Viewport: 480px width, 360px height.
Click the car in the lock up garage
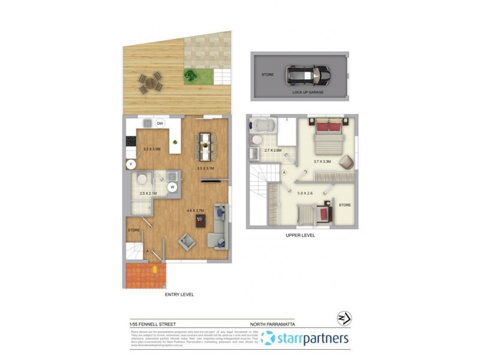point(307,75)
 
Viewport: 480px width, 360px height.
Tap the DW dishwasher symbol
point(160,124)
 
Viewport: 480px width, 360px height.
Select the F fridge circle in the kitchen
point(130,163)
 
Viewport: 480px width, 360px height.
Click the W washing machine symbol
point(173,187)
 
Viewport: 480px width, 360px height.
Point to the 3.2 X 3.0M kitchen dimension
point(151,149)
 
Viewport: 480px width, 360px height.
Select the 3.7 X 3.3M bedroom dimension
point(322,161)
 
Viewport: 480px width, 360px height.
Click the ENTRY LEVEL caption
point(179,295)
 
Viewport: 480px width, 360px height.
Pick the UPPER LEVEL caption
point(300,235)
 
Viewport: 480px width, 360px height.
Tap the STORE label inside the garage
point(266,75)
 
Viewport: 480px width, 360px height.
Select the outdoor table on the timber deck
point(151,82)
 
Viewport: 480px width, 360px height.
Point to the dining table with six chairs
point(205,146)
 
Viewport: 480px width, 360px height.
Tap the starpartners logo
point(305,339)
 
